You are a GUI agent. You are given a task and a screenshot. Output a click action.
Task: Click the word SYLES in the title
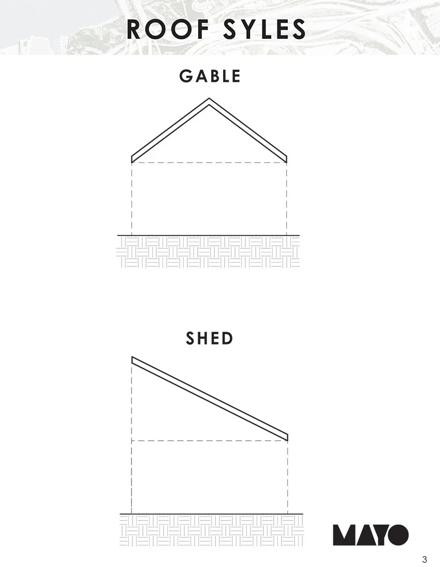[265, 29]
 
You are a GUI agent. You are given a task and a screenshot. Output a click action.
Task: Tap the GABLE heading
[210, 76]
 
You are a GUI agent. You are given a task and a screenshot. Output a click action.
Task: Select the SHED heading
[210, 338]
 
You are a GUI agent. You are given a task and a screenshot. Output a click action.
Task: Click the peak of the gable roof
[209, 98]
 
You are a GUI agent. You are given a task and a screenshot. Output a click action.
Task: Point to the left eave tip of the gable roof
[131, 159]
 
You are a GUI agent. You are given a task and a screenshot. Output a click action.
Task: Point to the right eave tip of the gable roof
[287, 159]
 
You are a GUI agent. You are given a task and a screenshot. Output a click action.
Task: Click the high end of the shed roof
[132, 360]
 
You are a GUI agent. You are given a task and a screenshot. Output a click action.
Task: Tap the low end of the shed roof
[288, 437]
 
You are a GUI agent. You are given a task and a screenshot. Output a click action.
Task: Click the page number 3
[424, 559]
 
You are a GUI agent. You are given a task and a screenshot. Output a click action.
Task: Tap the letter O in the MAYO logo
[398, 535]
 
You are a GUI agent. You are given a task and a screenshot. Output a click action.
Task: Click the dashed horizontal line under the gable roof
[209, 163]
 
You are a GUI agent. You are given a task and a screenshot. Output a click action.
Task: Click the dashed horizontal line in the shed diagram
[210, 441]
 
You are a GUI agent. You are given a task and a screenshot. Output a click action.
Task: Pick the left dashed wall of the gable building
[131, 199]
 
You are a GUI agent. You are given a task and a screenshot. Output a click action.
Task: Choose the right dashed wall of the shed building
[288, 477]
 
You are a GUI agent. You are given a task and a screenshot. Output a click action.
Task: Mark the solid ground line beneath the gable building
[209, 235]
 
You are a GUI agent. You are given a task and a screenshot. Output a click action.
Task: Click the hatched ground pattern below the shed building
[212, 530]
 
